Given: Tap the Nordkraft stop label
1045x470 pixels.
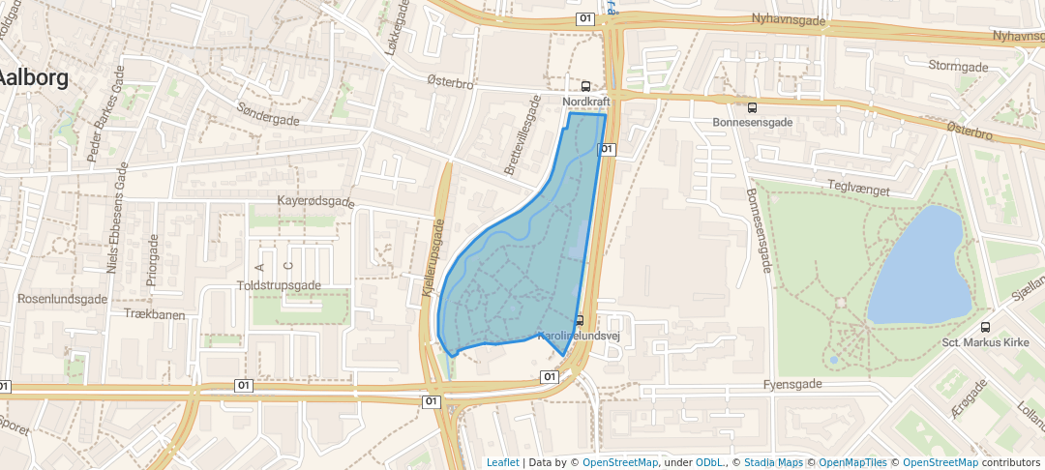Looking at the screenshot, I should (585, 100).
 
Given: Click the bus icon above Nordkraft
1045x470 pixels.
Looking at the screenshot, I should (585, 85).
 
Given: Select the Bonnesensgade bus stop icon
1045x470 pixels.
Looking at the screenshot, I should (752, 107).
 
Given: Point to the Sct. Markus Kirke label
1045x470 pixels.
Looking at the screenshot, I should (985, 342).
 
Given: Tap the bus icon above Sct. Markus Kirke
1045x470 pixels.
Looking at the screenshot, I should (985, 327).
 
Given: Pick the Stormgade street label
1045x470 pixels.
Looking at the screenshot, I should (958, 67).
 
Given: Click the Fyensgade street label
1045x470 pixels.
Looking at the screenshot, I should (791, 384).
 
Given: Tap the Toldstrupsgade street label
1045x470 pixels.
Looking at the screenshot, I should (279, 286).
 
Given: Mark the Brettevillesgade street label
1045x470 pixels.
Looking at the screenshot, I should (522, 134).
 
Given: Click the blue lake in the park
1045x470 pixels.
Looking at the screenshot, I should (919, 266).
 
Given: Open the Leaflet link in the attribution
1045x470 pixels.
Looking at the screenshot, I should (502, 462).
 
